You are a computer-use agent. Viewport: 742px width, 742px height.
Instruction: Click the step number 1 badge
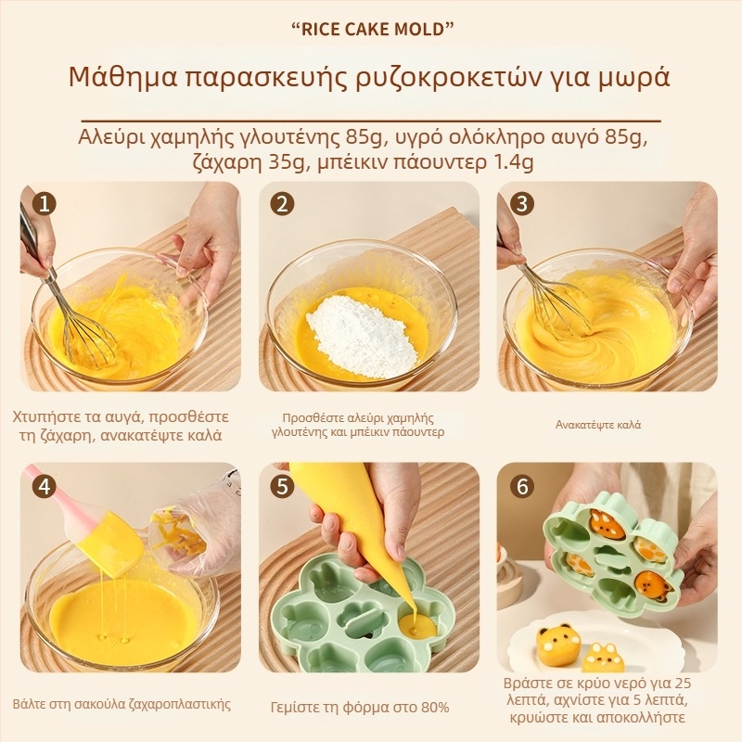[x=44, y=205]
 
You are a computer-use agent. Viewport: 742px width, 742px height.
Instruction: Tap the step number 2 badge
[x=283, y=205]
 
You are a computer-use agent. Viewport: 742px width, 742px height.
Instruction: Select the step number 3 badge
[x=522, y=204]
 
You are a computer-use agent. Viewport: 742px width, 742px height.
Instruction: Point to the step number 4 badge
[x=44, y=487]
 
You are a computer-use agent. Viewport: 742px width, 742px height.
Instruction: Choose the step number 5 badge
[x=283, y=487]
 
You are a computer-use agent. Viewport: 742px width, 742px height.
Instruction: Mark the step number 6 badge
[x=522, y=486]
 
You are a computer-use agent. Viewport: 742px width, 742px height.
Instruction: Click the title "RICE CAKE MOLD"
[x=371, y=30]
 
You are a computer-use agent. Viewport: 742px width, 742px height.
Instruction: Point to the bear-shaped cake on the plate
[x=558, y=646]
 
